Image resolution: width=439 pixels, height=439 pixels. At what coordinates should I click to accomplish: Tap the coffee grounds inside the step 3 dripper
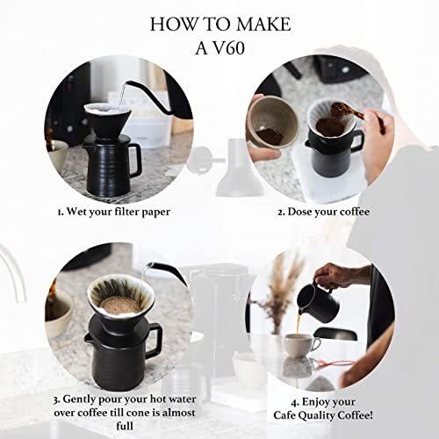point(114,304)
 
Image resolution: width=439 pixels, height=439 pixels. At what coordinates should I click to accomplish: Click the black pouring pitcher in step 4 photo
point(316,303)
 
